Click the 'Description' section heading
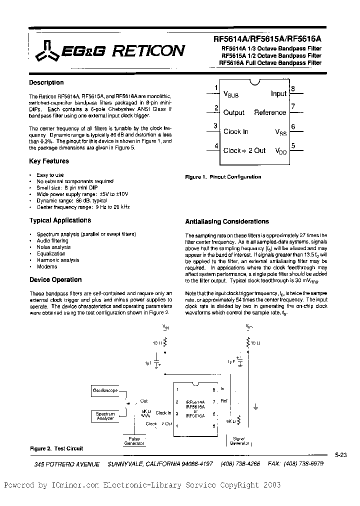coord(46,82)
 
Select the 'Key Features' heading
coord(49,161)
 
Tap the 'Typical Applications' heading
coord(60,220)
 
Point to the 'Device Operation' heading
coord(55,279)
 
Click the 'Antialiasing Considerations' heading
coord(227,221)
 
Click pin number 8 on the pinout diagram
coord(293,89)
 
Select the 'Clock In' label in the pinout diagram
coord(236,131)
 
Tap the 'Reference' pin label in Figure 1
coord(270,112)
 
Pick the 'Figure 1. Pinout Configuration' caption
coord(223,177)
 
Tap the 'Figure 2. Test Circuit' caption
coord(56,448)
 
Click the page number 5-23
coord(341,454)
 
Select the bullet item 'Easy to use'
coord(50,175)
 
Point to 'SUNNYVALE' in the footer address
coord(128,464)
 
